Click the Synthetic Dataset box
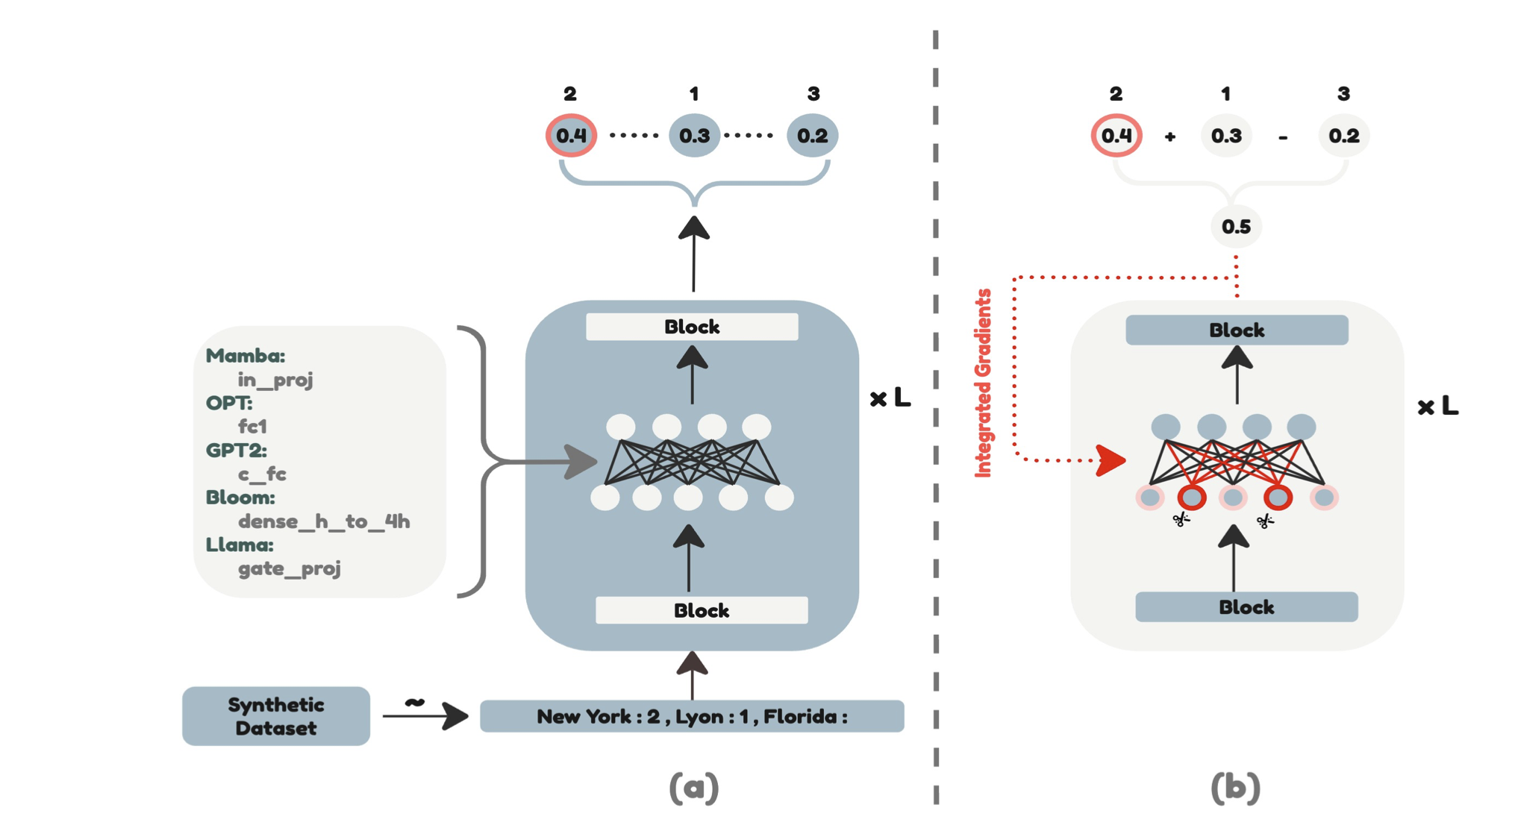click(275, 716)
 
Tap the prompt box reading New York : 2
click(691, 716)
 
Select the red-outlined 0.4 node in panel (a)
click(571, 136)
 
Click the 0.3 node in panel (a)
click(694, 136)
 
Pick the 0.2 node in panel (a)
click(812, 136)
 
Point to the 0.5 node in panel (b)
click(1236, 227)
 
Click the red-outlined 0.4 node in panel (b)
click(1116, 136)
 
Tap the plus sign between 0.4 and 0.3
click(1169, 137)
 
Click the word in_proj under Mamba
click(275, 380)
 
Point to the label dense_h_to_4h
click(324, 521)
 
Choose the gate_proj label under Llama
click(289, 568)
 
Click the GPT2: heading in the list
click(236, 451)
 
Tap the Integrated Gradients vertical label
click(984, 383)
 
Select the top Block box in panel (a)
click(692, 327)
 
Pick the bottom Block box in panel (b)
click(1246, 607)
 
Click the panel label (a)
click(693, 788)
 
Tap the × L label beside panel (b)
click(1437, 407)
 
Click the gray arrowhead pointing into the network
click(581, 462)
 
